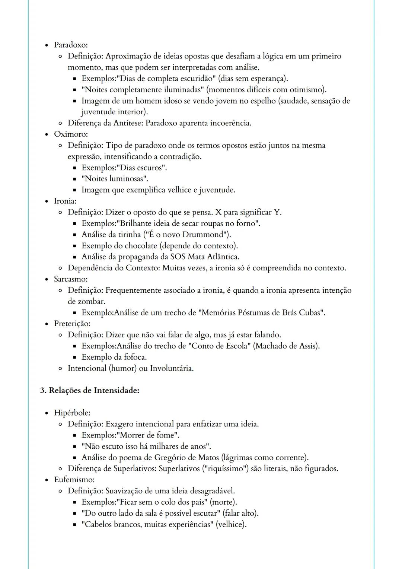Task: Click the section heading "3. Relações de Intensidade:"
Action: tap(90, 391)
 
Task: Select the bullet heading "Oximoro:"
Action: tap(71, 134)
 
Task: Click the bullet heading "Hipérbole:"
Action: tap(72, 413)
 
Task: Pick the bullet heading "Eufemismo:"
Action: tap(74, 480)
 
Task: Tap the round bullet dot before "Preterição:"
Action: tap(47, 324)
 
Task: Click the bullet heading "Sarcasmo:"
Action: tap(71, 279)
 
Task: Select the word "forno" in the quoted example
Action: tap(247, 223)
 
